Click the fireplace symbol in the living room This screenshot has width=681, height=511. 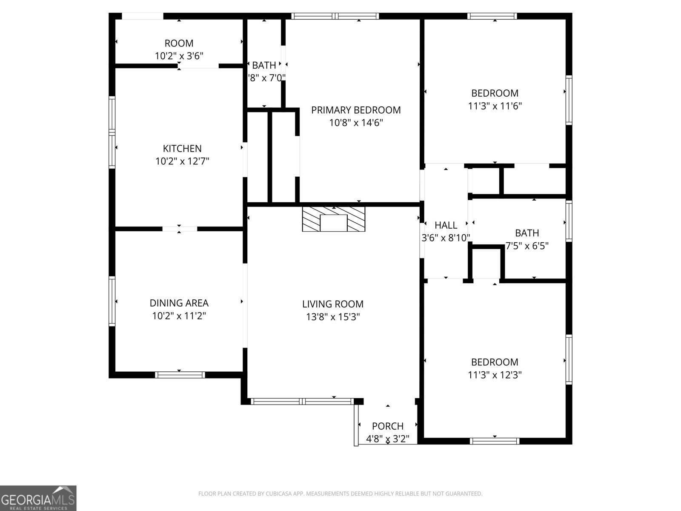pyautogui.click(x=334, y=219)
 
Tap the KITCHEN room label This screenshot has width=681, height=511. pyautogui.click(x=182, y=149)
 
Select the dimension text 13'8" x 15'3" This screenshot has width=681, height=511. pyautogui.click(x=333, y=317)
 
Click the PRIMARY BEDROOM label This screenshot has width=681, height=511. pyautogui.click(x=356, y=110)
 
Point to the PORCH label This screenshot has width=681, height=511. pyautogui.click(x=387, y=426)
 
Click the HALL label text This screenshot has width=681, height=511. pyautogui.click(x=446, y=225)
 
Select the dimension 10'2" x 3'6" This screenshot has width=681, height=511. pyautogui.click(x=179, y=56)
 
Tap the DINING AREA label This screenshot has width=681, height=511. pyautogui.click(x=179, y=303)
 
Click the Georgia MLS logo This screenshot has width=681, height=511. pyautogui.click(x=38, y=498)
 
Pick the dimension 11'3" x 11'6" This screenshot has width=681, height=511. pyautogui.click(x=495, y=106)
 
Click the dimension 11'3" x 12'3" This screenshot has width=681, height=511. pyautogui.click(x=495, y=375)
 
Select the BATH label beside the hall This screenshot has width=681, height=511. pyautogui.click(x=527, y=233)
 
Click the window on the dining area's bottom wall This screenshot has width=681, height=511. pyautogui.click(x=180, y=375)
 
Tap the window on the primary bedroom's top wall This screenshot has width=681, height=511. pyautogui.click(x=335, y=16)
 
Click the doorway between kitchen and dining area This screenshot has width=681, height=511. pyautogui.click(x=179, y=229)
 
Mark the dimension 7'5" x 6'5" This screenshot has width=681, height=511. pyautogui.click(x=527, y=246)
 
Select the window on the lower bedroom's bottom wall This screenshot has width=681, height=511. pyautogui.click(x=494, y=441)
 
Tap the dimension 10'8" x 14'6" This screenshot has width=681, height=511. pyautogui.click(x=356, y=123)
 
